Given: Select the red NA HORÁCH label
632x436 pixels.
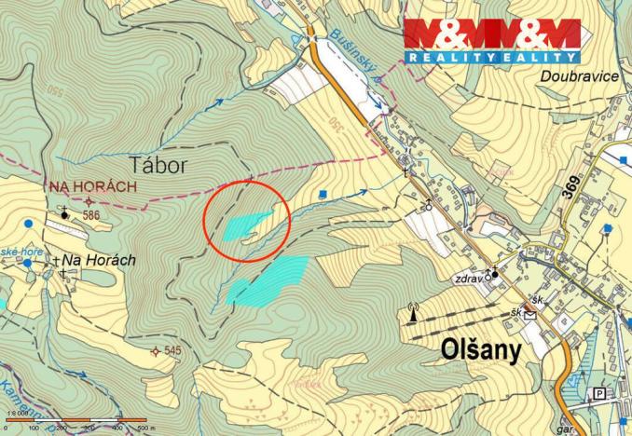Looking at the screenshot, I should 92,185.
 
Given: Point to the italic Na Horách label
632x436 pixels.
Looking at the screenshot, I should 99,262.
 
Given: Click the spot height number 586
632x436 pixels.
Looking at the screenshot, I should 90,215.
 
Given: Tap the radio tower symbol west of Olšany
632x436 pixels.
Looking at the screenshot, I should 411,312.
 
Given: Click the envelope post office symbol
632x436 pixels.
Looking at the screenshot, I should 529,315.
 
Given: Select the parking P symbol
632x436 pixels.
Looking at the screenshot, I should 599,393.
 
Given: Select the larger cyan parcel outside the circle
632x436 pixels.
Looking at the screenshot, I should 269,280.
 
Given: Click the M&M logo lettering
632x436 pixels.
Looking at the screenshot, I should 490,35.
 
